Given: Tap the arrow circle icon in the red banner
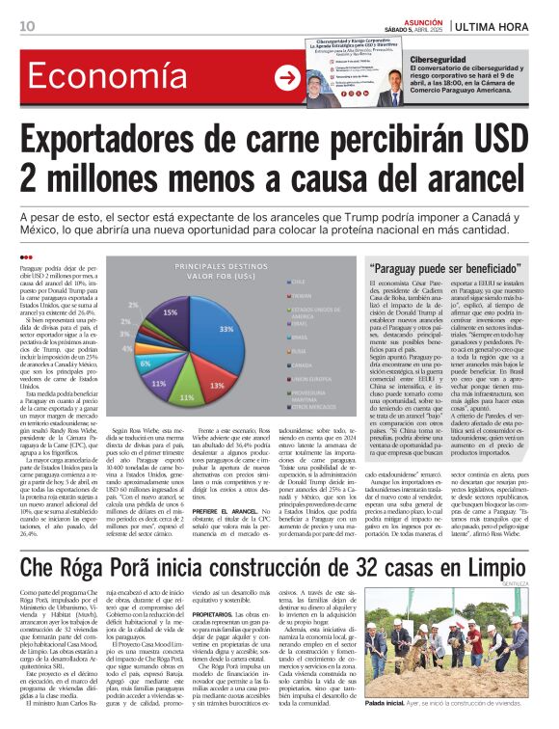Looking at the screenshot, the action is coord(286,78).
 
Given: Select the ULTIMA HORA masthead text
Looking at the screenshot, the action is coord(497,25).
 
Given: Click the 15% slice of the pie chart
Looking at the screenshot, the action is coord(173,310).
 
